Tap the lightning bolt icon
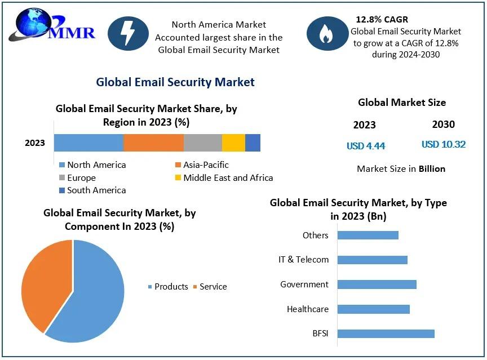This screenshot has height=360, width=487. click(x=128, y=34)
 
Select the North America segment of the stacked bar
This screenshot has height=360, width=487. click(x=88, y=143)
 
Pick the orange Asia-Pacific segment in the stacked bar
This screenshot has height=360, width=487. click(x=153, y=143)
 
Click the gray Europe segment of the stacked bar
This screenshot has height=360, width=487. click(x=203, y=143)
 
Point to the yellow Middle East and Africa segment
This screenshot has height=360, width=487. click(x=233, y=143)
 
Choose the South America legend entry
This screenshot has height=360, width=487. click(x=93, y=190)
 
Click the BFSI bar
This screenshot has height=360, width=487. click(x=386, y=334)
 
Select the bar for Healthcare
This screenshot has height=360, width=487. click(x=373, y=309)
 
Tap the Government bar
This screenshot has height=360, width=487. click(x=377, y=284)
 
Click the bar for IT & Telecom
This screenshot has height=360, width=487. click(x=372, y=260)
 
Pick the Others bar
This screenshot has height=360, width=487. click(x=368, y=235)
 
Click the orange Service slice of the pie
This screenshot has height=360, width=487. click(x=42, y=282)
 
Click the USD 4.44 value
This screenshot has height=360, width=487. click(x=366, y=146)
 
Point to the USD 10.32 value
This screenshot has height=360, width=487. click(x=444, y=144)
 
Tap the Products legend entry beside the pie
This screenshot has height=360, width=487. click(x=168, y=287)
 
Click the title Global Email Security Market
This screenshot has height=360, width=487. click(x=175, y=82)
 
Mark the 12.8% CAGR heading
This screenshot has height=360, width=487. click(x=382, y=20)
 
